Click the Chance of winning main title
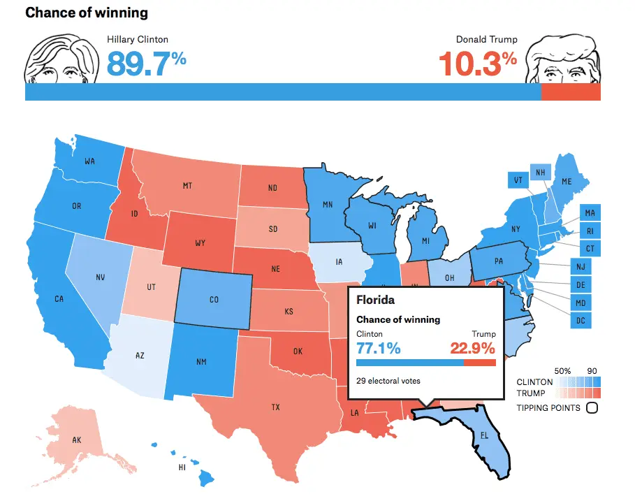click(x=87, y=13)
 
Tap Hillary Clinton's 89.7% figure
click(x=147, y=64)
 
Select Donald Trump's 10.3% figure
click(x=478, y=64)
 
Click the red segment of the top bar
click(x=571, y=92)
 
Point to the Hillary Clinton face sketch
click(x=61, y=59)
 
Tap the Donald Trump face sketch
click(x=563, y=59)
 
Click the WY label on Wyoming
click(x=200, y=243)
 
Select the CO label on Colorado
click(x=214, y=300)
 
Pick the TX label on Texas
click(x=276, y=407)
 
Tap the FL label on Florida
click(x=484, y=435)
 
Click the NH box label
click(x=540, y=173)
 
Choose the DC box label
click(x=581, y=320)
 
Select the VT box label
click(x=518, y=180)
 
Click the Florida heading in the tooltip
click(x=375, y=300)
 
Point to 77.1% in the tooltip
click(x=378, y=348)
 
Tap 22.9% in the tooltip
click(x=473, y=348)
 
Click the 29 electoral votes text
click(x=388, y=381)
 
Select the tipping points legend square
click(x=592, y=407)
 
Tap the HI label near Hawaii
click(x=182, y=467)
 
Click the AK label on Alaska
click(x=77, y=440)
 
